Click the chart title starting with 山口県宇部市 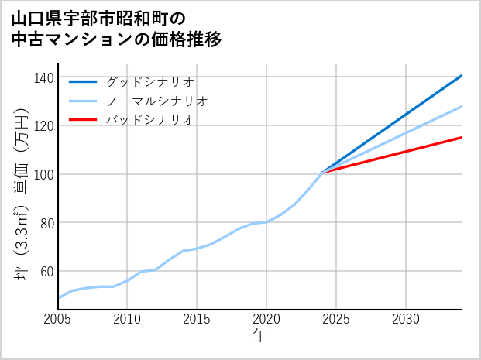click(x=116, y=29)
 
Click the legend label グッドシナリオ click(x=149, y=81)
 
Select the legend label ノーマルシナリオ click(x=156, y=101)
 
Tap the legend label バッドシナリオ click(x=149, y=120)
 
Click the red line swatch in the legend click(x=84, y=120)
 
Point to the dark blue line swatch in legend click(x=84, y=81)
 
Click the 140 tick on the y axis click(x=44, y=77)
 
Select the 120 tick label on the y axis click(x=44, y=125)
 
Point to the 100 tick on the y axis click(x=44, y=174)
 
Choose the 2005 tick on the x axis click(x=58, y=319)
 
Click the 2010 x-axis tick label click(x=128, y=319)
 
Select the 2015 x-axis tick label click(x=198, y=319)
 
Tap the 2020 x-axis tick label click(x=267, y=319)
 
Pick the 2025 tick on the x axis click(x=337, y=319)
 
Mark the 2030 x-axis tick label click(x=407, y=319)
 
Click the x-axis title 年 click(x=260, y=336)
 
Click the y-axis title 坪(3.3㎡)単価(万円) click(x=22, y=194)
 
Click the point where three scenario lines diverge click(x=322, y=172)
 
